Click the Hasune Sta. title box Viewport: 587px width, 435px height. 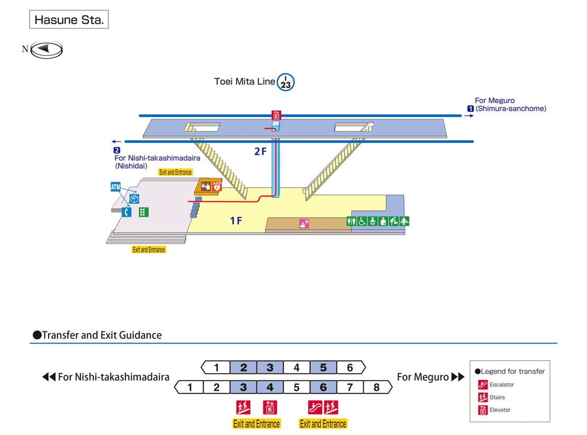tap(69, 20)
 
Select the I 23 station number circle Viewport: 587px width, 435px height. tap(286, 82)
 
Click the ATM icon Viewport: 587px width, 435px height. tap(116, 187)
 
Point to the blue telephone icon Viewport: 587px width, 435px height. tap(127, 212)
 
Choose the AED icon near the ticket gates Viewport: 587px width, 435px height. tap(217, 186)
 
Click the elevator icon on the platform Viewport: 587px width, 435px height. tap(276, 115)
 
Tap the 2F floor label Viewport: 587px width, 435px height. tap(260, 152)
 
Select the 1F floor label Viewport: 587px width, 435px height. tap(236, 220)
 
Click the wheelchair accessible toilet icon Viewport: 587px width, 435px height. tap(362, 221)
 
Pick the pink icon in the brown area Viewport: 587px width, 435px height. tap(304, 224)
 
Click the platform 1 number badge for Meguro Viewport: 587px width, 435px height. tap(470, 108)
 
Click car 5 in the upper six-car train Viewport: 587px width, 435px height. tap(323, 367)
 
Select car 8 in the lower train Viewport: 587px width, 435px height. tap(377, 387)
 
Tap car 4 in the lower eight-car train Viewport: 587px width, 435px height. tap(270, 387)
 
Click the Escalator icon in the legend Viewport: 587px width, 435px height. tap(483, 385)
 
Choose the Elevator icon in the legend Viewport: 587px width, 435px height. tap(483, 410)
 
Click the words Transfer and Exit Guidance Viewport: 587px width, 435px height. tap(102, 335)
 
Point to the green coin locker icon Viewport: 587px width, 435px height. tap(143, 212)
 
